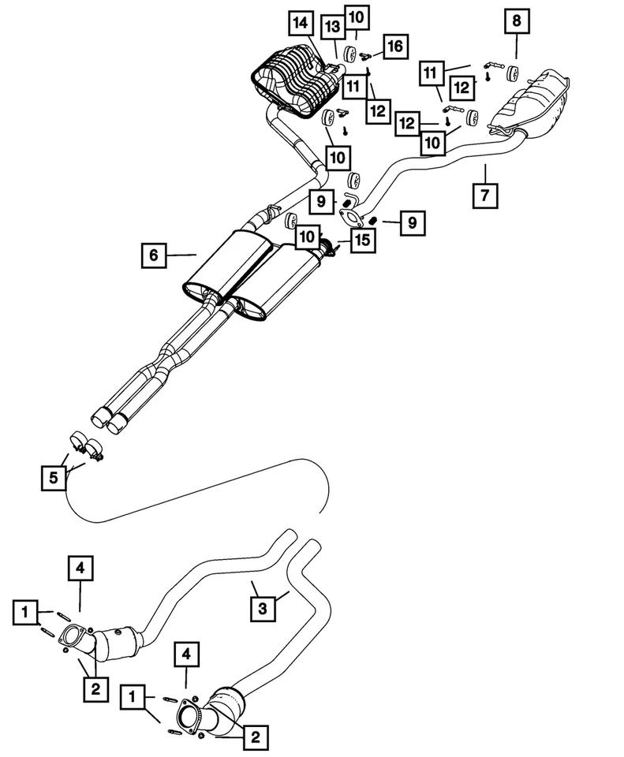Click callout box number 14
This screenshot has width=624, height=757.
click(301, 24)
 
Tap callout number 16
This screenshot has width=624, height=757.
click(394, 47)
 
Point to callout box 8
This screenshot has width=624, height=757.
click(516, 21)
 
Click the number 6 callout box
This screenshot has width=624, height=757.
click(153, 255)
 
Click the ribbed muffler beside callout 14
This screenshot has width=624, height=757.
click(293, 79)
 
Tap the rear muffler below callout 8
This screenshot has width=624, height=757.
click(532, 103)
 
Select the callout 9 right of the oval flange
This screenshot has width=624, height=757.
click(411, 223)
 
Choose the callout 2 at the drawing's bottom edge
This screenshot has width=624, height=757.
click(254, 737)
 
